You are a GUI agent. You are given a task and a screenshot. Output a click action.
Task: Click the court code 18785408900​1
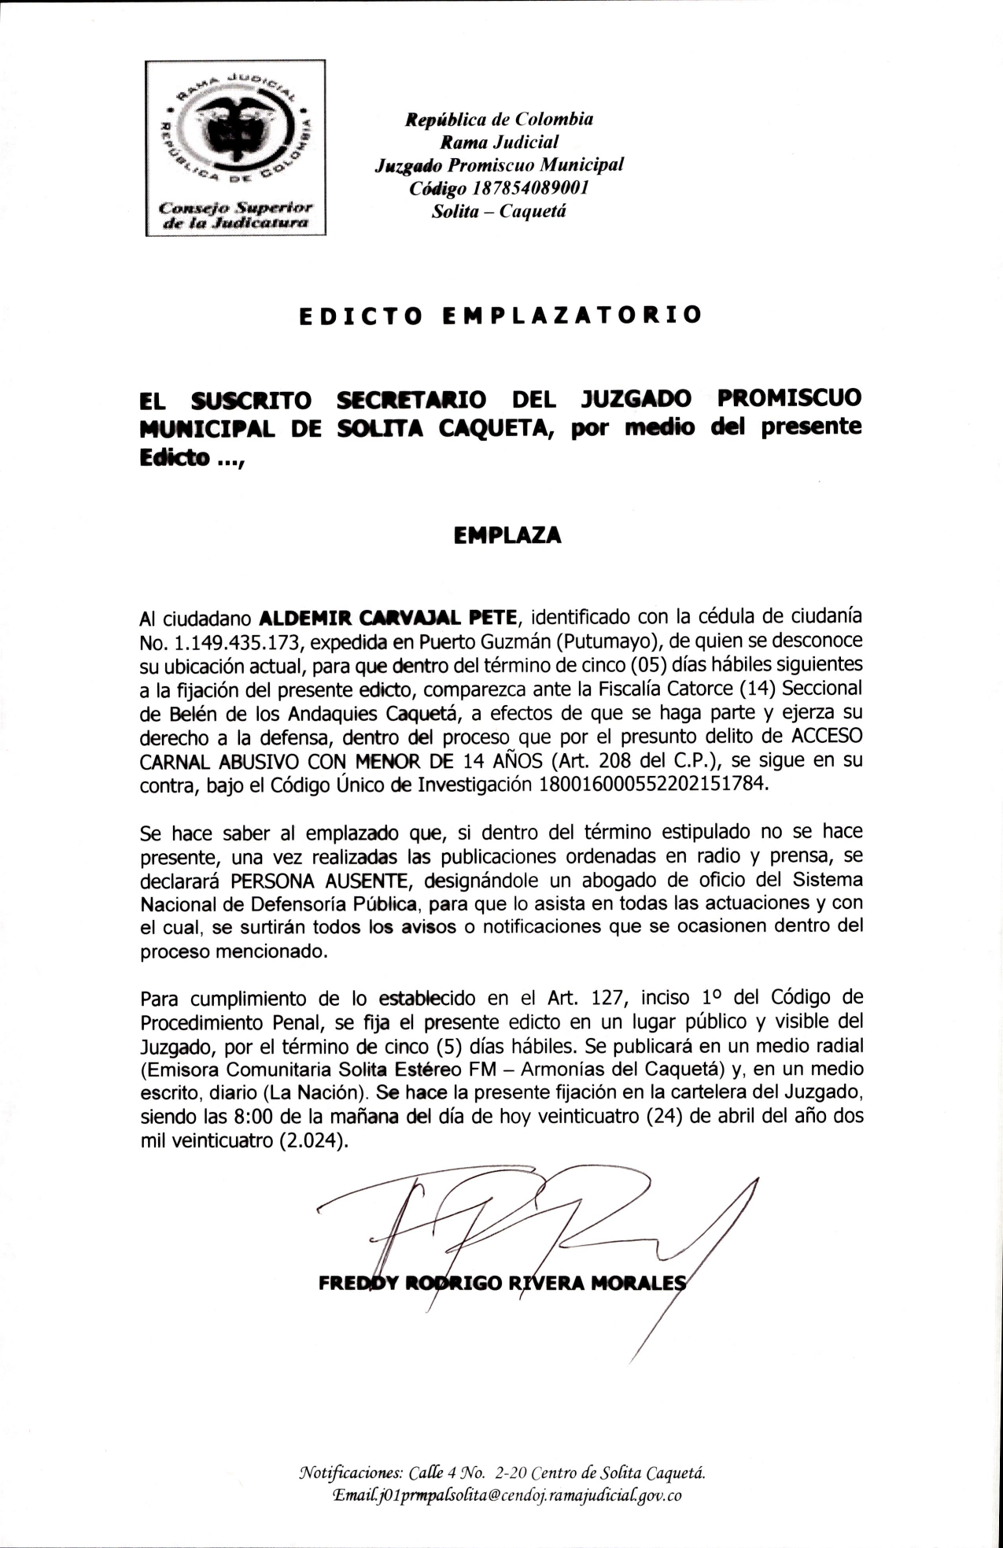(x=531, y=188)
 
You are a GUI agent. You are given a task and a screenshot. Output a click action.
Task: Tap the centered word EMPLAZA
(x=508, y=535)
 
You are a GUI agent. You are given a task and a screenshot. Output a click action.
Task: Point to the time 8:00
(x=254, y=1117)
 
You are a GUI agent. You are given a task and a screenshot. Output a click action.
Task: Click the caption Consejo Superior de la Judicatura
(x=235, y=215)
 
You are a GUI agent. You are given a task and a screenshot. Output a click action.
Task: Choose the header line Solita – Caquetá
(x=499, y=211)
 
